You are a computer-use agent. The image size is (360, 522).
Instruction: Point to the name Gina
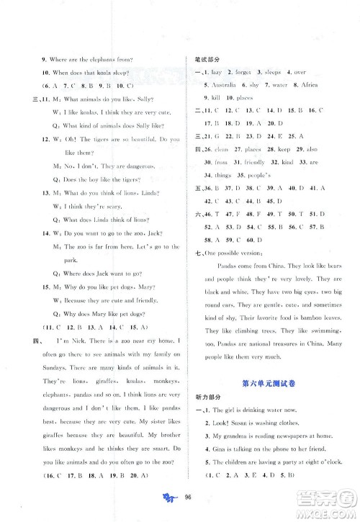tap(215, 449)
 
